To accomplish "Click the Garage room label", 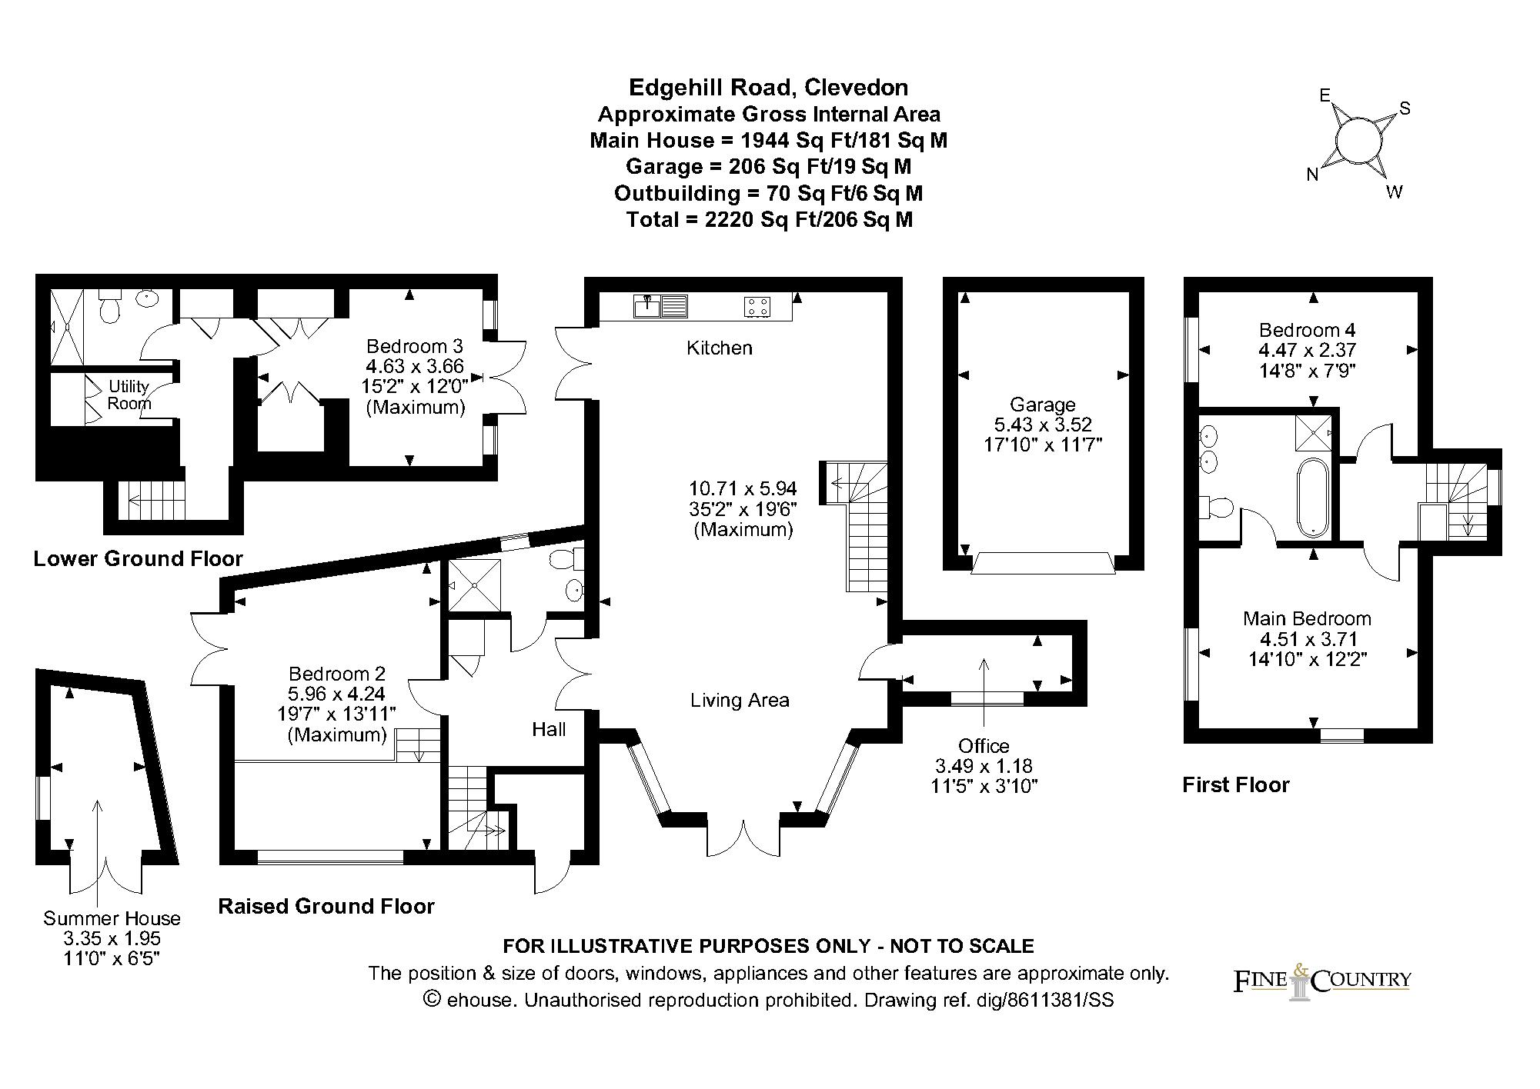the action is point(1042,405).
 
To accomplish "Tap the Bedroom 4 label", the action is point(1307,330).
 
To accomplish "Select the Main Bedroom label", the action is point(1307,618).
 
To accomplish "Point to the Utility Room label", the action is point(129,395).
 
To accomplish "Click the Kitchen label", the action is point(719,348).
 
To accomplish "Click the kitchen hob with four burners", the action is point(757,307).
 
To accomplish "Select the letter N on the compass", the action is point(1312,175).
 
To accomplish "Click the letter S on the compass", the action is point(1404,108).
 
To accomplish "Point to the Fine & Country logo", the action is point(1321,981).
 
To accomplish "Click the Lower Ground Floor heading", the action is point(138,558).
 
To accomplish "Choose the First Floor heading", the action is point(1235,784).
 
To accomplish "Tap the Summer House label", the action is point(112,917).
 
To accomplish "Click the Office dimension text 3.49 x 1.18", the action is point(984,766).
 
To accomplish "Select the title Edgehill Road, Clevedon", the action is point(768,87).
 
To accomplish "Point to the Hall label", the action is point(549,729).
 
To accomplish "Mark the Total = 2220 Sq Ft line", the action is point(769,220).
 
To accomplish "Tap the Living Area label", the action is point(740,700).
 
